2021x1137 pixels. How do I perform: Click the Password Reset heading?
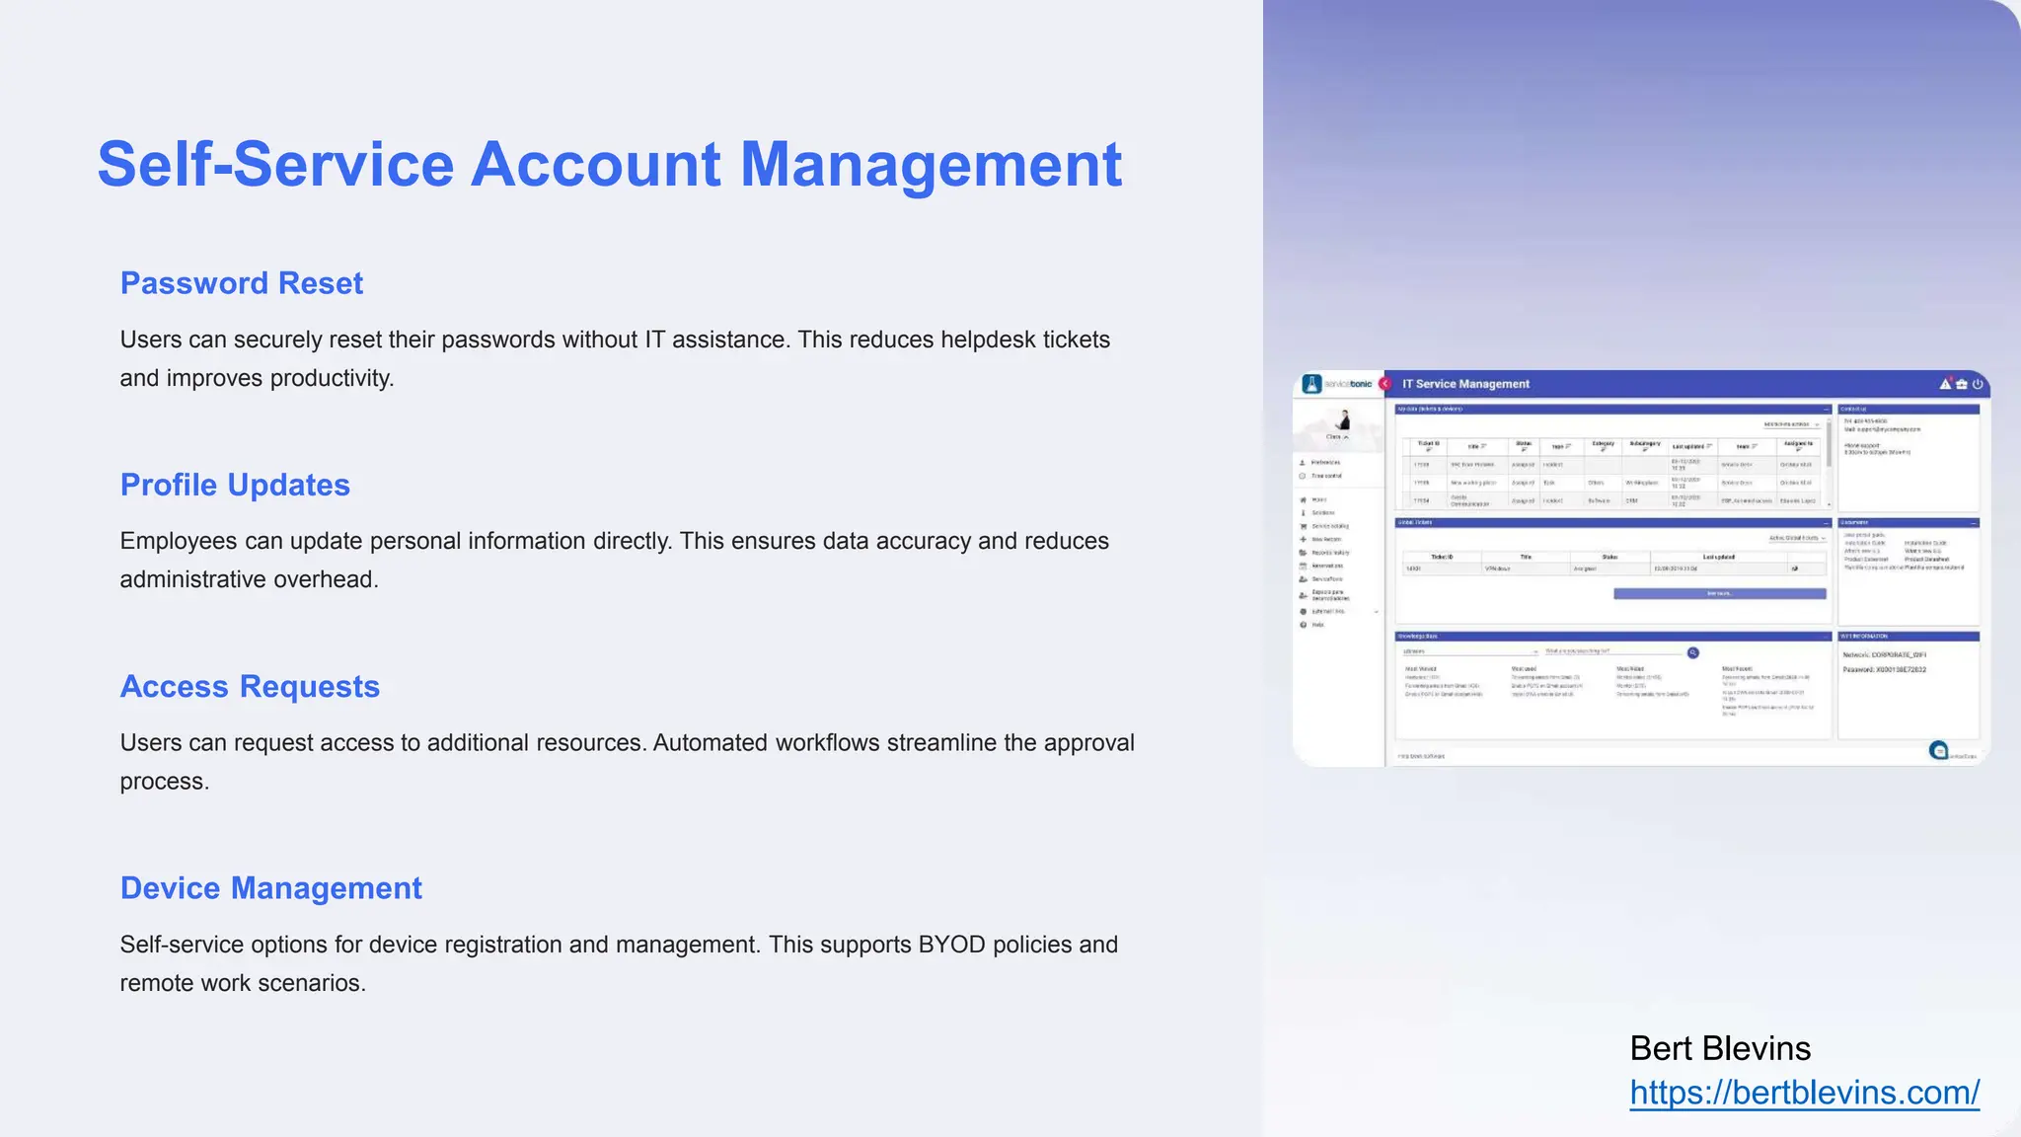coord(241,283)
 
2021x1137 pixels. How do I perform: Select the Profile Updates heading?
coord(235,485)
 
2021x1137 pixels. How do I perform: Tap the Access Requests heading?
coord(250,686)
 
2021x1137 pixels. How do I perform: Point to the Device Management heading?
coord(270,888)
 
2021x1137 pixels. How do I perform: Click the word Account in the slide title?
coord(596,164)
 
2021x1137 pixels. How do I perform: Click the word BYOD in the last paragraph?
coord(951,945)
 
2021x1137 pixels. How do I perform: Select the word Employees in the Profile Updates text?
coord(174,541)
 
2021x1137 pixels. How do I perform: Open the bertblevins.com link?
coord(1804,1093)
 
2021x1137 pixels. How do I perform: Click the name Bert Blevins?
coord(1720,1048)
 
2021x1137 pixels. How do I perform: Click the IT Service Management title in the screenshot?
coord(1465,384)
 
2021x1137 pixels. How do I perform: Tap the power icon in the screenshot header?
coord(1977,384)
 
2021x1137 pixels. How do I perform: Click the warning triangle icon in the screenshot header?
coord(1945,384)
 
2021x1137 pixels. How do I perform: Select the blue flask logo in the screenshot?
coord(1311,384)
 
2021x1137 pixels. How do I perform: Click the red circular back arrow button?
coord(1385,384)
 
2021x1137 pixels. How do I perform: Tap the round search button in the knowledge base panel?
coord(1693,652)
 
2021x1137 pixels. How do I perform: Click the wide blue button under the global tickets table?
coord(1719,594)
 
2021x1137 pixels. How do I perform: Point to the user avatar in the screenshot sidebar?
coord(1343,421)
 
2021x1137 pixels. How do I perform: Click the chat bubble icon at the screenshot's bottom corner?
coord(1939,751)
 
